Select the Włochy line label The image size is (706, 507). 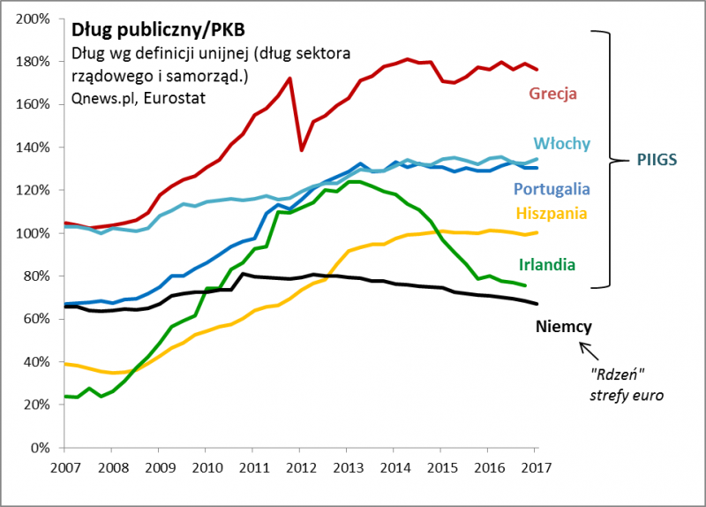coord(561,144)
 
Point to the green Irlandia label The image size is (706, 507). coord(547,264)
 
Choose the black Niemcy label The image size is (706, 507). coord(563,327)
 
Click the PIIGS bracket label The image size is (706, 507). coord(657,161)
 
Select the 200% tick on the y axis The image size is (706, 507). coord(33,19)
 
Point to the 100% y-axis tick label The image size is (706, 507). coord(33,233)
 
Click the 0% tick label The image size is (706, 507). coord(39,448)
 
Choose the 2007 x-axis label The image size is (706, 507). coord(64,465)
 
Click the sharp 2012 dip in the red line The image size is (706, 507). coord(302,150)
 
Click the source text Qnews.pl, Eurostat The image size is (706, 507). coord(139,98)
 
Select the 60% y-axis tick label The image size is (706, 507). coord(35,319)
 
